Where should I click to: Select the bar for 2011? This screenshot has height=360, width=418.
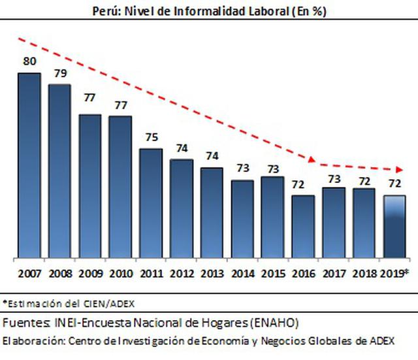(151, 203)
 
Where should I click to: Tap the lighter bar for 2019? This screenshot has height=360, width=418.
(394, 226)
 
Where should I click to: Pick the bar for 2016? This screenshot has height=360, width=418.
(303, 225)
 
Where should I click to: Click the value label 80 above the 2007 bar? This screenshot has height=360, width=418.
(29, 62)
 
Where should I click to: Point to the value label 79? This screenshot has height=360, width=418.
(59, 73)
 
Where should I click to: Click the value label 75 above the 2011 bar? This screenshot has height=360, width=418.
(151, 138)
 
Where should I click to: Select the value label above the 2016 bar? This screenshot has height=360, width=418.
(303, 184)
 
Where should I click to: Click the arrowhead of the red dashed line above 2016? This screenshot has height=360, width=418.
(313, 160)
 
